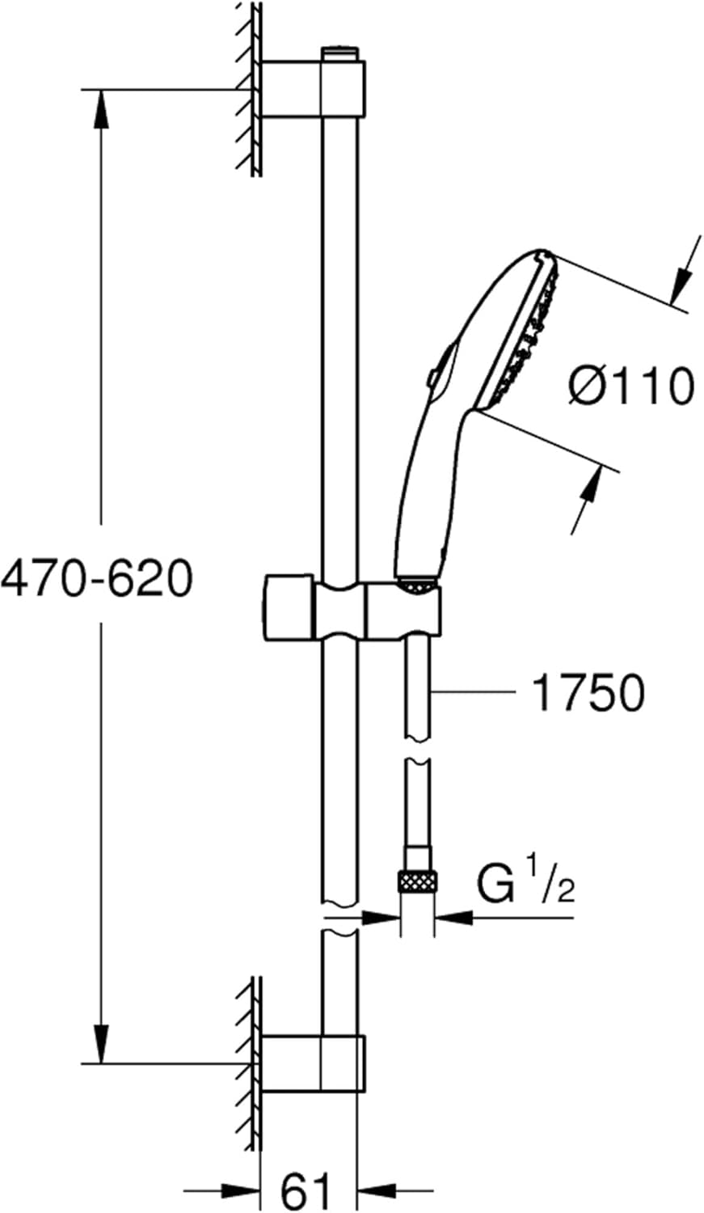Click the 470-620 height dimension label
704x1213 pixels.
click(x=97, y=579)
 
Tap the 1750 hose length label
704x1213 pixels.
click(x=588, y=693)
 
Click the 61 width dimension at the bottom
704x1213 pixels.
click(x=306, y=1190)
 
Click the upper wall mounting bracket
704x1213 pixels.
click(x=311, y=89)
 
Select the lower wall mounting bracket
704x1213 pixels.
click(x=311, y=1063)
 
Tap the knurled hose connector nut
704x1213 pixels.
click(x=417, y=881)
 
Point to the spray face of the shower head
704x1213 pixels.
click(x=525, y=332)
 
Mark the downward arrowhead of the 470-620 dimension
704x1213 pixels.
click(x=101, y=1043)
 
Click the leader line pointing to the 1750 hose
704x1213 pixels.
click(x=477, y=692)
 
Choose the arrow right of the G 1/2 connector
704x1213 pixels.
click(x=453, y=917)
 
